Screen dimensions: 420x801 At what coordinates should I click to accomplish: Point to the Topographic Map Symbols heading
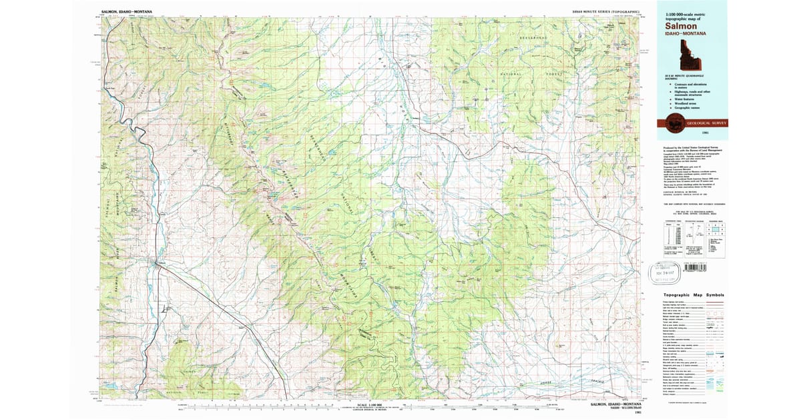pyautogui.click(x=694, y=295)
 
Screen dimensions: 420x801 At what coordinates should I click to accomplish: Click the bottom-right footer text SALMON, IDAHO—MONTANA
pyautogui.click(x=617, y=404)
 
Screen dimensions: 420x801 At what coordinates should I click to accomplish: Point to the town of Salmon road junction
pyautogui.click(x=158, y=262)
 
